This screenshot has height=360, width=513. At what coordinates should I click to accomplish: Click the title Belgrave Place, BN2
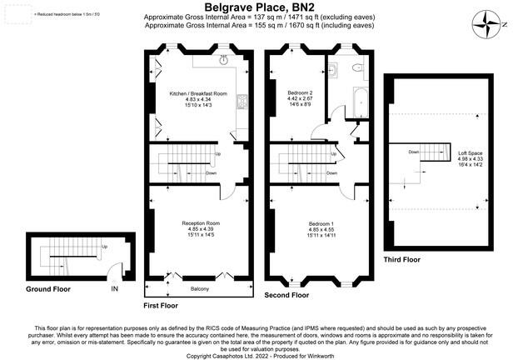256,6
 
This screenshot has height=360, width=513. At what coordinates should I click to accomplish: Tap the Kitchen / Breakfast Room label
192,93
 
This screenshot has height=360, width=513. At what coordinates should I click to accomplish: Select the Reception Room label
201,223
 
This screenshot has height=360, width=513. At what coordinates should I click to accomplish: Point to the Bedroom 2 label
300,92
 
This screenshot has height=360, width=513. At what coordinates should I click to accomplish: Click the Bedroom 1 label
321,223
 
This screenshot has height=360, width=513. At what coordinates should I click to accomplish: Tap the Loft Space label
470,153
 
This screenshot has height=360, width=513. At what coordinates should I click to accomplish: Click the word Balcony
199,289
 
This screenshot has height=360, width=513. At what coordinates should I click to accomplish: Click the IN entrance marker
114,289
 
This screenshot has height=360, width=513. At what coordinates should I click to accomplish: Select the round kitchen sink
224,60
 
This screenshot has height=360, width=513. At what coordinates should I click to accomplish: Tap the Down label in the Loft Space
414,152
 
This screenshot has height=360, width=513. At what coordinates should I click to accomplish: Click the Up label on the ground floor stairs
104,247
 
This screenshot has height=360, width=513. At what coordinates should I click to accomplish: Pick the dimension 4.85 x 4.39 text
201,229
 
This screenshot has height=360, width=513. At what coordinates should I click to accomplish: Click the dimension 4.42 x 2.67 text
300,98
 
